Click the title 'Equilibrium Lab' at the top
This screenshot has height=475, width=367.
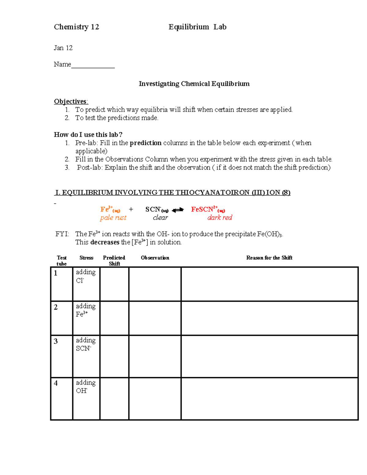[197, 27]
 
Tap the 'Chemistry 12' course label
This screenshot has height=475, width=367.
[76, 27]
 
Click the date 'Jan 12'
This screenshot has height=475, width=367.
[63, 48]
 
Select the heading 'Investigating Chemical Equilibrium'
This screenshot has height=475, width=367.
[194, 84]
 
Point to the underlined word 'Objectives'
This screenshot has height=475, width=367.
[70, 102]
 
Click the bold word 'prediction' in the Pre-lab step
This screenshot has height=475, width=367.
[145, 143]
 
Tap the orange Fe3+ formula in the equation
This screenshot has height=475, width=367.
[110, 210]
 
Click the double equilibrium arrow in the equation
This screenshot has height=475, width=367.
[178, 210]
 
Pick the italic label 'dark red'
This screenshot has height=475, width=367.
[220, 217]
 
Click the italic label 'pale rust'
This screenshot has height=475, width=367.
[113, 217]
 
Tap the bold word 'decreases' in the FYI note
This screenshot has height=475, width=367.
[105, 242]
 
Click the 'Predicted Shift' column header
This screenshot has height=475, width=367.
[114, 261]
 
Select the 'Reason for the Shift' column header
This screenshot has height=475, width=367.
[269, 258]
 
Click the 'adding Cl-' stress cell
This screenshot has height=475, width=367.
[86, 284]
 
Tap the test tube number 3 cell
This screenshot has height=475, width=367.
[61, 356]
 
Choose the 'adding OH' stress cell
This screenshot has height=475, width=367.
[86, 399]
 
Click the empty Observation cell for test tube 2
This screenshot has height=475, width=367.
[155, 318]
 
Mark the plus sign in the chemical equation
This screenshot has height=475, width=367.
[131, 209]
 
